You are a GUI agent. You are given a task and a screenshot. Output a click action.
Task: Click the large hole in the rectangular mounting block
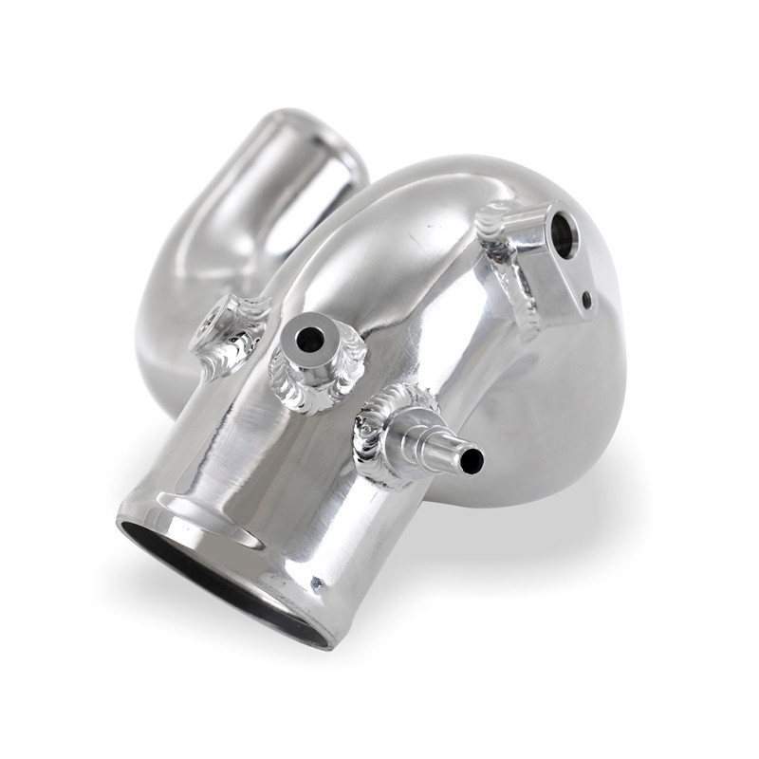562,233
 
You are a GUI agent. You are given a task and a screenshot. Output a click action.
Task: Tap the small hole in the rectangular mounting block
587,301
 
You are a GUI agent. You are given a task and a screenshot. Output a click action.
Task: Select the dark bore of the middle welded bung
310,339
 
